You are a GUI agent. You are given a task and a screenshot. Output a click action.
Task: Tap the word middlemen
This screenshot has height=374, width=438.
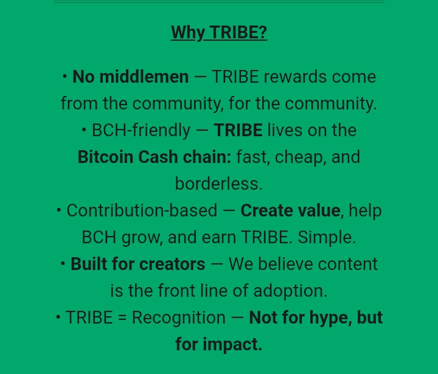coord(144,77)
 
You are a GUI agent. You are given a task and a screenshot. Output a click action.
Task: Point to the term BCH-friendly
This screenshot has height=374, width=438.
coord(141,131)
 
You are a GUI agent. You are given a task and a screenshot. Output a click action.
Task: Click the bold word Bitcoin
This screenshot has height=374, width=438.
coord(105,158)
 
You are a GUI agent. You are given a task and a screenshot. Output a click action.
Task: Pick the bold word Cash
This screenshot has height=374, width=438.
coord(158,158)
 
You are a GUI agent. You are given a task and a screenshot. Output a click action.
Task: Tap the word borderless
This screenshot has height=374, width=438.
coord(218,184)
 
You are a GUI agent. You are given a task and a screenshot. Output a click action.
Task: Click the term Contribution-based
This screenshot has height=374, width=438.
coord(142,211)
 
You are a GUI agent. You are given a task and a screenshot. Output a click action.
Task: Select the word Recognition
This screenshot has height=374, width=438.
coord(179,318)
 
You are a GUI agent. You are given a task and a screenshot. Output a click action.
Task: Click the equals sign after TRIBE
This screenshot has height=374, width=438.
coord(122,318)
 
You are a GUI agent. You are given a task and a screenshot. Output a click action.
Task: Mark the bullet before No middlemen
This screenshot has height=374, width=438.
coord(65,77)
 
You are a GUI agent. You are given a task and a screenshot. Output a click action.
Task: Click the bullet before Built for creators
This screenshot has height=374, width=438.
coord(63,265)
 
